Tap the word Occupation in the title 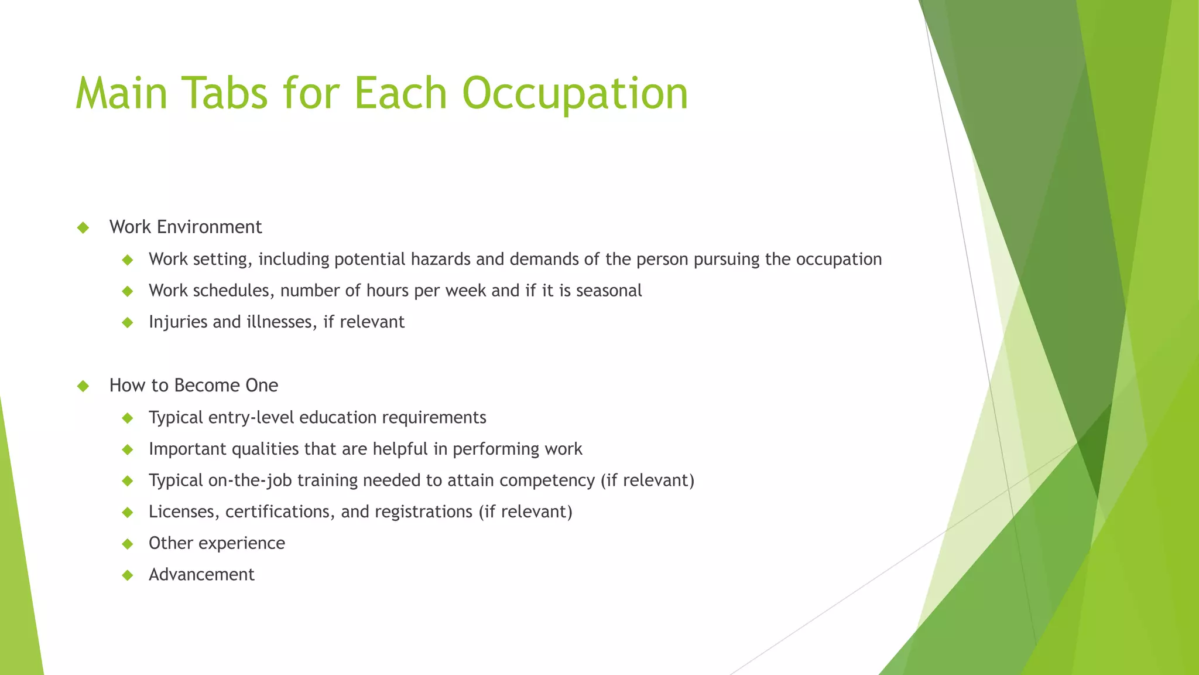[575, 94]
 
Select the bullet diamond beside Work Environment [83, 227]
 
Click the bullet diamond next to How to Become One [83, 386]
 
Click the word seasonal [609, 291]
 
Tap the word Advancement [201, 575]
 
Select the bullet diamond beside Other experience [128, 544]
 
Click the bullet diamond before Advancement [128, 575]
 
